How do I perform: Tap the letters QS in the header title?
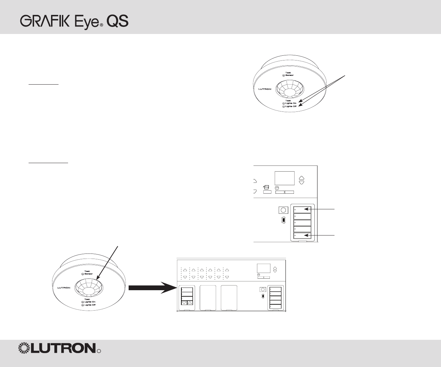[117, 21]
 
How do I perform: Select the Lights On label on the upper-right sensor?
[291, 103]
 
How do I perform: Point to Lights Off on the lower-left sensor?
[90, 305]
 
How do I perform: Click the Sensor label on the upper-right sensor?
[289, 75]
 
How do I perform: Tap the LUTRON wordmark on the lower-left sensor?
[64, 288]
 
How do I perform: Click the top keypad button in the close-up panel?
[303, 210]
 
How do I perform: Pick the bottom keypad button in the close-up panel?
[303, 235]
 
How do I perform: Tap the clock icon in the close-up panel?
[277, 188]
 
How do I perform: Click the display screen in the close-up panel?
[284, 178]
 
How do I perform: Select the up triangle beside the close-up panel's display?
[301, 178]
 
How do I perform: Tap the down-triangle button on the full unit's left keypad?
[184, 302]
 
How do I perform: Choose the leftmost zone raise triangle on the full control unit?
[185, 270]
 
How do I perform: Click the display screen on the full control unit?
[263, 268]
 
